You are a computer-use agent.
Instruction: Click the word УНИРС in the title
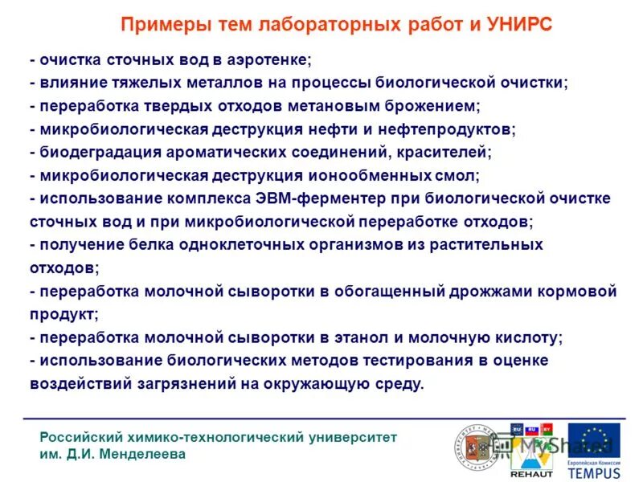[519, 24]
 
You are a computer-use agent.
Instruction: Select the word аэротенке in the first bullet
[272, 60]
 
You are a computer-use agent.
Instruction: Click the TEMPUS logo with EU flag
[594, 451]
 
